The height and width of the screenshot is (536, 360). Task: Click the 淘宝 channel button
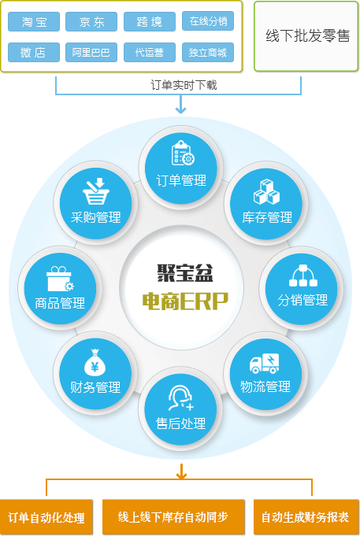pos(34,22)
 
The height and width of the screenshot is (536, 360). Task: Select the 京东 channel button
pos(91,22)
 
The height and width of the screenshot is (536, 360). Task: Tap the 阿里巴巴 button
pos(91,52)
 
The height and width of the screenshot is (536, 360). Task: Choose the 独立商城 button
pos(208,52)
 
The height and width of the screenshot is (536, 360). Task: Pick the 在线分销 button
pos(208,21)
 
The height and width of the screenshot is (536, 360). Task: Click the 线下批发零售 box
pos(306,36)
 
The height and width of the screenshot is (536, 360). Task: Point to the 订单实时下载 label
pos(184,85)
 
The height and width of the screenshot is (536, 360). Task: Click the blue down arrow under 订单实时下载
pos(180,104)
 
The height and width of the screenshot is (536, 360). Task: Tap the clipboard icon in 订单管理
pos(183,153)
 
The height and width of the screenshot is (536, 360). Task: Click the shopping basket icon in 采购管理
pos(96,191)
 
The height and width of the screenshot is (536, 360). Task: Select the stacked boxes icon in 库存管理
pos(266,192)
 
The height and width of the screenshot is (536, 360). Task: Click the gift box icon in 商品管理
pos(60,279)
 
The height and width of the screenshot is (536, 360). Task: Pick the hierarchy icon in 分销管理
pos(303,275)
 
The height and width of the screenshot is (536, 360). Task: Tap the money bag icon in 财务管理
pos(95,362)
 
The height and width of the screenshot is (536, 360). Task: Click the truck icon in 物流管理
pos(264,364)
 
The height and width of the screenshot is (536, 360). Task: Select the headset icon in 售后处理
pos(181,398)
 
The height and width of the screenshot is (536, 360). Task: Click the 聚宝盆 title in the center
pos(185,273)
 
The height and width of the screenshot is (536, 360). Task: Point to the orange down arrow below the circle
pos(181,471)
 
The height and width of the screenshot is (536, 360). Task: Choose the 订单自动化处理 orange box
pos(46,517)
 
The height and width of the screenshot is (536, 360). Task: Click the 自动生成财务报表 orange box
pos(306,517)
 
